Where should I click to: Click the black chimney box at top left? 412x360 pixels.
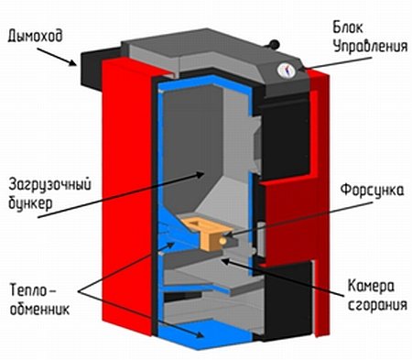[x=92, y=66]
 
